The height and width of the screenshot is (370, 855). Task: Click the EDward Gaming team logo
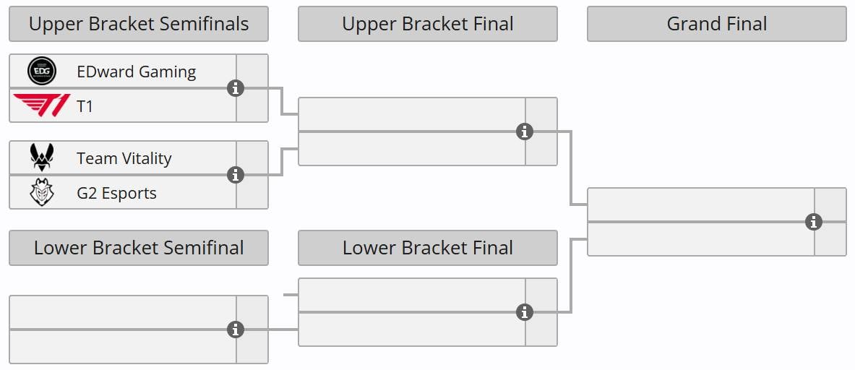[41, 72]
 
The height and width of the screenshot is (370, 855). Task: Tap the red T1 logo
[41, 106]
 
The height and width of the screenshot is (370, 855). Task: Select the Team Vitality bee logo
[41, 158]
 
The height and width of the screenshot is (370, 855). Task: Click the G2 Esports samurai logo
[41, 193]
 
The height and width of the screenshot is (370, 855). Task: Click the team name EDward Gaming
[136, 72]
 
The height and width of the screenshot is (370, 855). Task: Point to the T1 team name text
[85, 106]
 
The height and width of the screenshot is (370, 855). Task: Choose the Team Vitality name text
[124, 158]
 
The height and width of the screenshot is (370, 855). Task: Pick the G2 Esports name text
[116, 193]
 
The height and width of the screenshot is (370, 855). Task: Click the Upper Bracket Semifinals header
[139, 24]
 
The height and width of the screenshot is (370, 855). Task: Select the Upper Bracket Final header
[427, 24]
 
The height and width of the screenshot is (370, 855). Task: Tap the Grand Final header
[716, 24]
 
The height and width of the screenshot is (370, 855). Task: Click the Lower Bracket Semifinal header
[139, 248]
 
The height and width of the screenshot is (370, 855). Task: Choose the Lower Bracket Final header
[427, 248]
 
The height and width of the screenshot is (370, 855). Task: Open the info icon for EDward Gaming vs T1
[235, 88]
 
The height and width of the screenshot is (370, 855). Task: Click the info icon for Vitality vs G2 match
[235, 175]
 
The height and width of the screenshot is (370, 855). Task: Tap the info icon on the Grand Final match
[814, 222]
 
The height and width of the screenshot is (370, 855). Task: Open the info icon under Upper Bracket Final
[525, 132]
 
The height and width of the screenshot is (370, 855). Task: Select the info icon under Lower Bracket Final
[525, 312]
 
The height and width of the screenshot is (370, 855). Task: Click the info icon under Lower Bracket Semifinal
[235, 330]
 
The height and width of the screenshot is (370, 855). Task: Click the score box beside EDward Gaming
[252, 71]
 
